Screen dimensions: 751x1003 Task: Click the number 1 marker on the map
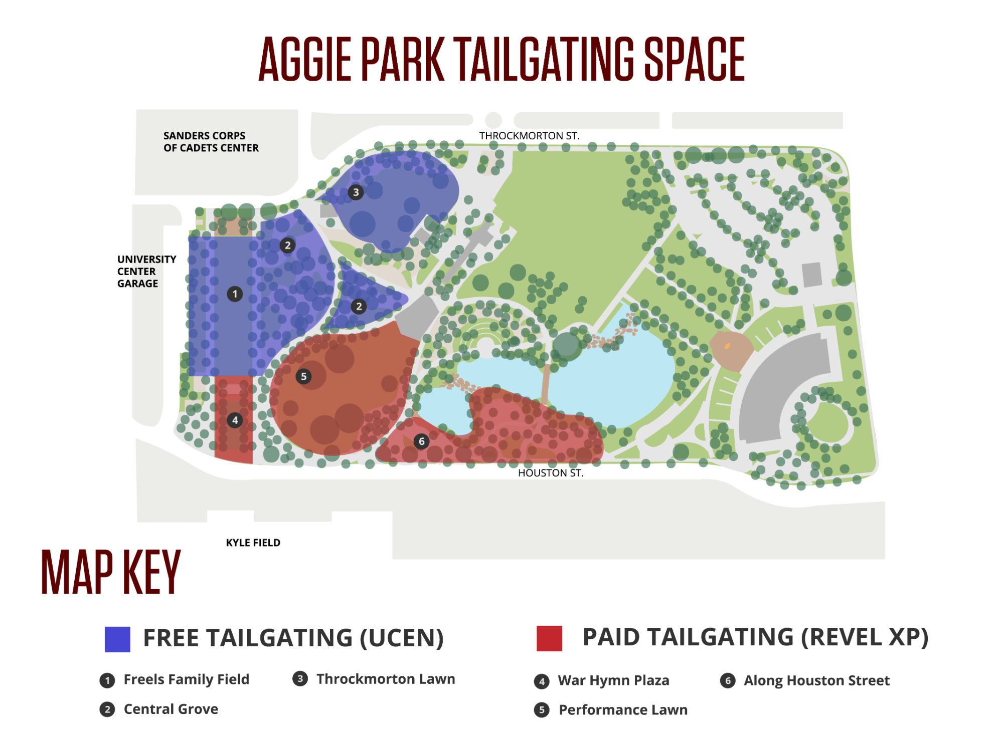click(235, 294)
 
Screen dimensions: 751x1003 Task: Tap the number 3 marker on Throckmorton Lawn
click(356, 192)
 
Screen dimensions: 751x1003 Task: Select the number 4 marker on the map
click(235, 420)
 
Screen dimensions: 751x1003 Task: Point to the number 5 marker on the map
click(303, 376)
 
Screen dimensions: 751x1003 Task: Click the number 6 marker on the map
click(421, 441)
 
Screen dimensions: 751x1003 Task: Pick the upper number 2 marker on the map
click(287, 245)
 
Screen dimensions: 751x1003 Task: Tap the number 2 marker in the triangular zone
click(359, 306)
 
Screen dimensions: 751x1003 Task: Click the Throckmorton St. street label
click(529, 136)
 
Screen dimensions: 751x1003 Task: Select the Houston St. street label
click(550, 473)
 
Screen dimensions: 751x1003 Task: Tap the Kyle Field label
click(253, 543)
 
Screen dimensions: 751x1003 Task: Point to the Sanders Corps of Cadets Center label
click(211, 142)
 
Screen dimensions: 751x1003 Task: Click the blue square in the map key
click(117, 639)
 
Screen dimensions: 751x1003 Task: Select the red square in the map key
click(549, 638)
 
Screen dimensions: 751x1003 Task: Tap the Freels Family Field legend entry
click(186, 679)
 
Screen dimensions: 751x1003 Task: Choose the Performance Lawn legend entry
click(623, 710)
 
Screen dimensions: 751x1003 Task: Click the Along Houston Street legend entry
click(816, 680)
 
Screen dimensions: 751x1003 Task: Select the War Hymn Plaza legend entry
click(613, 680)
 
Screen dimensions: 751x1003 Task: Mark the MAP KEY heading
click(111, 572)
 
